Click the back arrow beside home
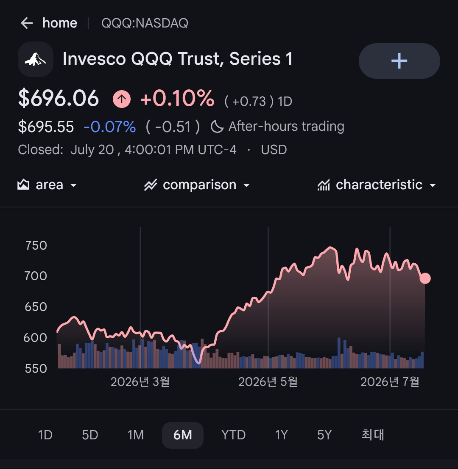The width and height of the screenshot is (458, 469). click(x=27, y=23)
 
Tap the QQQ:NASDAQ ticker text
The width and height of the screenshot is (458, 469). click(x=145, y=23)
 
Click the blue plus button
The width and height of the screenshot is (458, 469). click(x=399, y=61)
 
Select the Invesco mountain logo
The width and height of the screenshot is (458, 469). click(x=36, y=59)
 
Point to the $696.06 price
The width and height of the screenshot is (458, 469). click(x=59, y=98)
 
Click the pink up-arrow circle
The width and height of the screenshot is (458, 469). click(x=122, y=99)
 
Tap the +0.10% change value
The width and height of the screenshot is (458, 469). click(x=177, y=98)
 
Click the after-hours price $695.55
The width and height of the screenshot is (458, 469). click(x=46, y=127)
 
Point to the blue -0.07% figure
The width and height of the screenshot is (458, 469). click(x=110, y=127)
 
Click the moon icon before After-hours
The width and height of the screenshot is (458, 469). click(x=217, y=126)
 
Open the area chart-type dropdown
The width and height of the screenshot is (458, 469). click(x=47, y=185)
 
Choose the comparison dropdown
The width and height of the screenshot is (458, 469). click(x=197, y=185)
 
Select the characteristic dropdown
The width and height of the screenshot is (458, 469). click(x=377, y=185)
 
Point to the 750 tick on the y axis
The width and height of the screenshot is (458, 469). click(x=36, y=246)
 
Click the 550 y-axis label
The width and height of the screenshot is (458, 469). click(x=36, y=369)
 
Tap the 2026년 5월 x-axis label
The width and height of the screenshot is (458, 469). click(x=268, y=382)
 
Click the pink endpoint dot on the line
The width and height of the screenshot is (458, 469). click(x=425, y=278)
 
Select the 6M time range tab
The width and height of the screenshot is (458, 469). click(x=182, y=435)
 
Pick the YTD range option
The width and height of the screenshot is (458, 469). click(x=234, y=435)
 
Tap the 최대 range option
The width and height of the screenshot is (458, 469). click(x=373, y=435)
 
